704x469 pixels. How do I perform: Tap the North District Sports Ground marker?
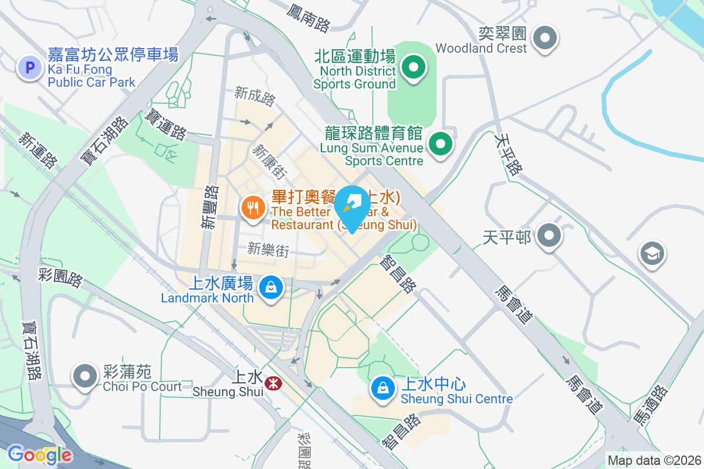(414, 68)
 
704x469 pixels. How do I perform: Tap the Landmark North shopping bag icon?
(270, 288)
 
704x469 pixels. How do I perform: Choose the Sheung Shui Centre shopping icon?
(383, 388)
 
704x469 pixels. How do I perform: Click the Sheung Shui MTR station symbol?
(272, 383)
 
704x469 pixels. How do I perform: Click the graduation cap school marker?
(652, 255)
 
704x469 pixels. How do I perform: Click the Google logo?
(39, 455)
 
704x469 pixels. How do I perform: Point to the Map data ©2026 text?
(654, 460)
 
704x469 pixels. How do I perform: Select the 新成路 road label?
(255, 96)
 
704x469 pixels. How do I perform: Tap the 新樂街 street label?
(268, 250)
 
